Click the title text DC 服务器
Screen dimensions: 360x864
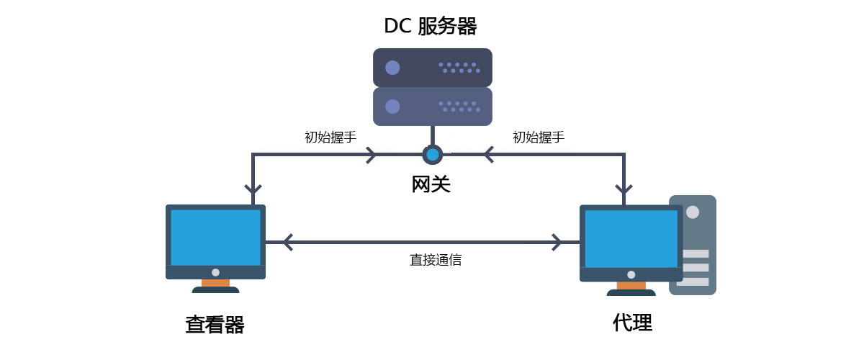431,27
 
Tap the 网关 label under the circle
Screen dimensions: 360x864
431,184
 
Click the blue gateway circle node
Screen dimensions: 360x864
432,154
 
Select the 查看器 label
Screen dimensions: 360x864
215,325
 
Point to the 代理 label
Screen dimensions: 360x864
632,323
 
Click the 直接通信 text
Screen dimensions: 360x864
436,260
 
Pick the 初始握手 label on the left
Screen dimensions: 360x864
330,137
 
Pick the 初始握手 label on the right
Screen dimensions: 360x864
538,137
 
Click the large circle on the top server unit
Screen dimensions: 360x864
392,68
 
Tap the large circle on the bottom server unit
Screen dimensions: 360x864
392,107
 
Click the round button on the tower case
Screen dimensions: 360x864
693,212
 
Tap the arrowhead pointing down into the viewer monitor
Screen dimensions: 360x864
253,190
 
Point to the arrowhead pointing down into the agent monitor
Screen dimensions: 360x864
624,190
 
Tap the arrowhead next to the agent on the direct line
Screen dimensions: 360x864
557,242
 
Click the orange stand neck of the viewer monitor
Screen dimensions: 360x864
215,283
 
